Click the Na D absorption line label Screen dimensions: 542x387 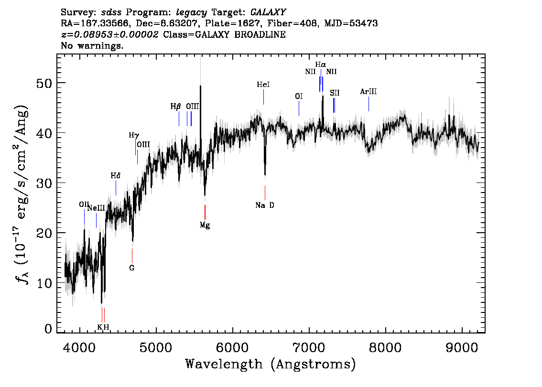click(x=265, y=205)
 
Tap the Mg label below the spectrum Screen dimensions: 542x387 click(x=205, y=226)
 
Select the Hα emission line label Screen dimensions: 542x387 click(x=320, y=64)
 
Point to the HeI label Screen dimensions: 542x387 click(x=263, y=85)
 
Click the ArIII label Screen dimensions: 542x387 click(x=369, y=92)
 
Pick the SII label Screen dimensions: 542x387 click(x=335, y=93)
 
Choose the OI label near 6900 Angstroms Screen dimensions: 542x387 click(x=299, y=96)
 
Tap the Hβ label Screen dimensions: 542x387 click(x=175, y=107)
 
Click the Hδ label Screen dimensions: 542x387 click(x=116, y=176)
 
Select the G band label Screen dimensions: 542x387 click(x=132, y=268)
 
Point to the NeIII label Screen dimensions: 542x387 click(x=96, y=208)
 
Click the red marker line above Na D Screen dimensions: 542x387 click(x=265, y=193)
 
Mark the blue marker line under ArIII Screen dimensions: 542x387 click(x=369, y=104)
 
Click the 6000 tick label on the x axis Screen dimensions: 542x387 click(x=232, y=347)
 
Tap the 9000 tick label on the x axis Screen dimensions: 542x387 click(x=462, y=347)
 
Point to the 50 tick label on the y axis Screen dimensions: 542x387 click(x=44, y=83)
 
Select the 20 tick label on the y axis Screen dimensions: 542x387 click(x=44, y=233)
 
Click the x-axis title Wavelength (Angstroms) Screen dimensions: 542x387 click(x=271, y=364)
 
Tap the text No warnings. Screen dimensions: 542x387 click(x=92, y=45)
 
